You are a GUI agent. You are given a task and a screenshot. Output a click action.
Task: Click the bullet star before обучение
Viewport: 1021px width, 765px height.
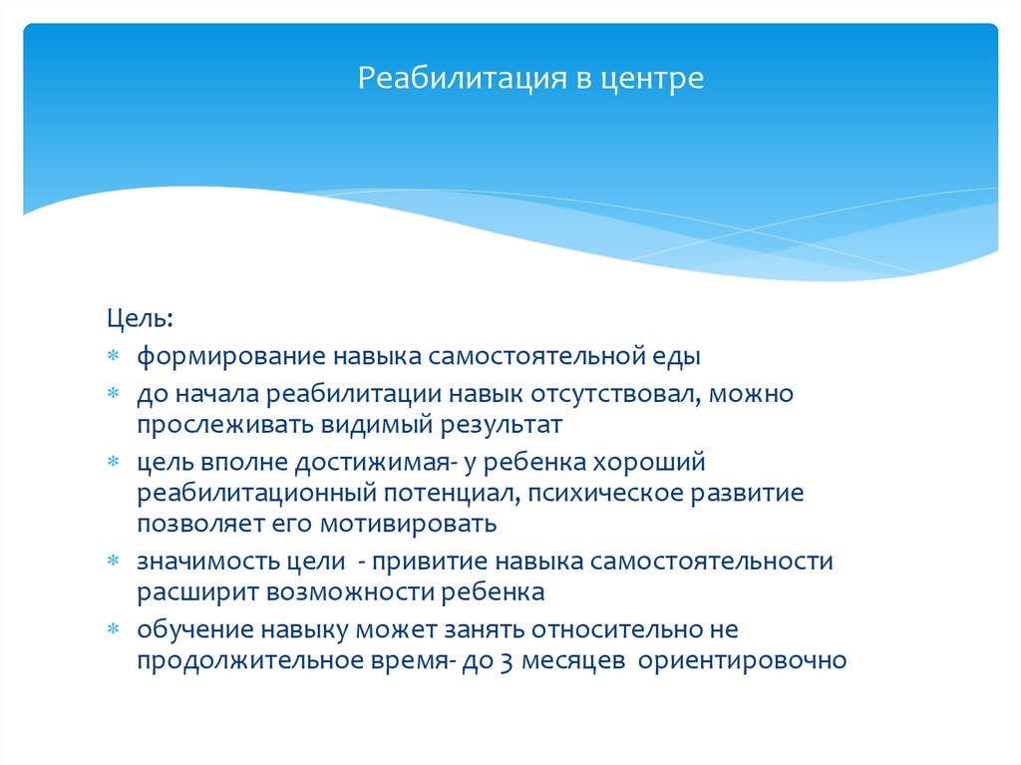(115, 630)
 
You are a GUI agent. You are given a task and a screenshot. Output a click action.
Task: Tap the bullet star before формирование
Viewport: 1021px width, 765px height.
(115, 356)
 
